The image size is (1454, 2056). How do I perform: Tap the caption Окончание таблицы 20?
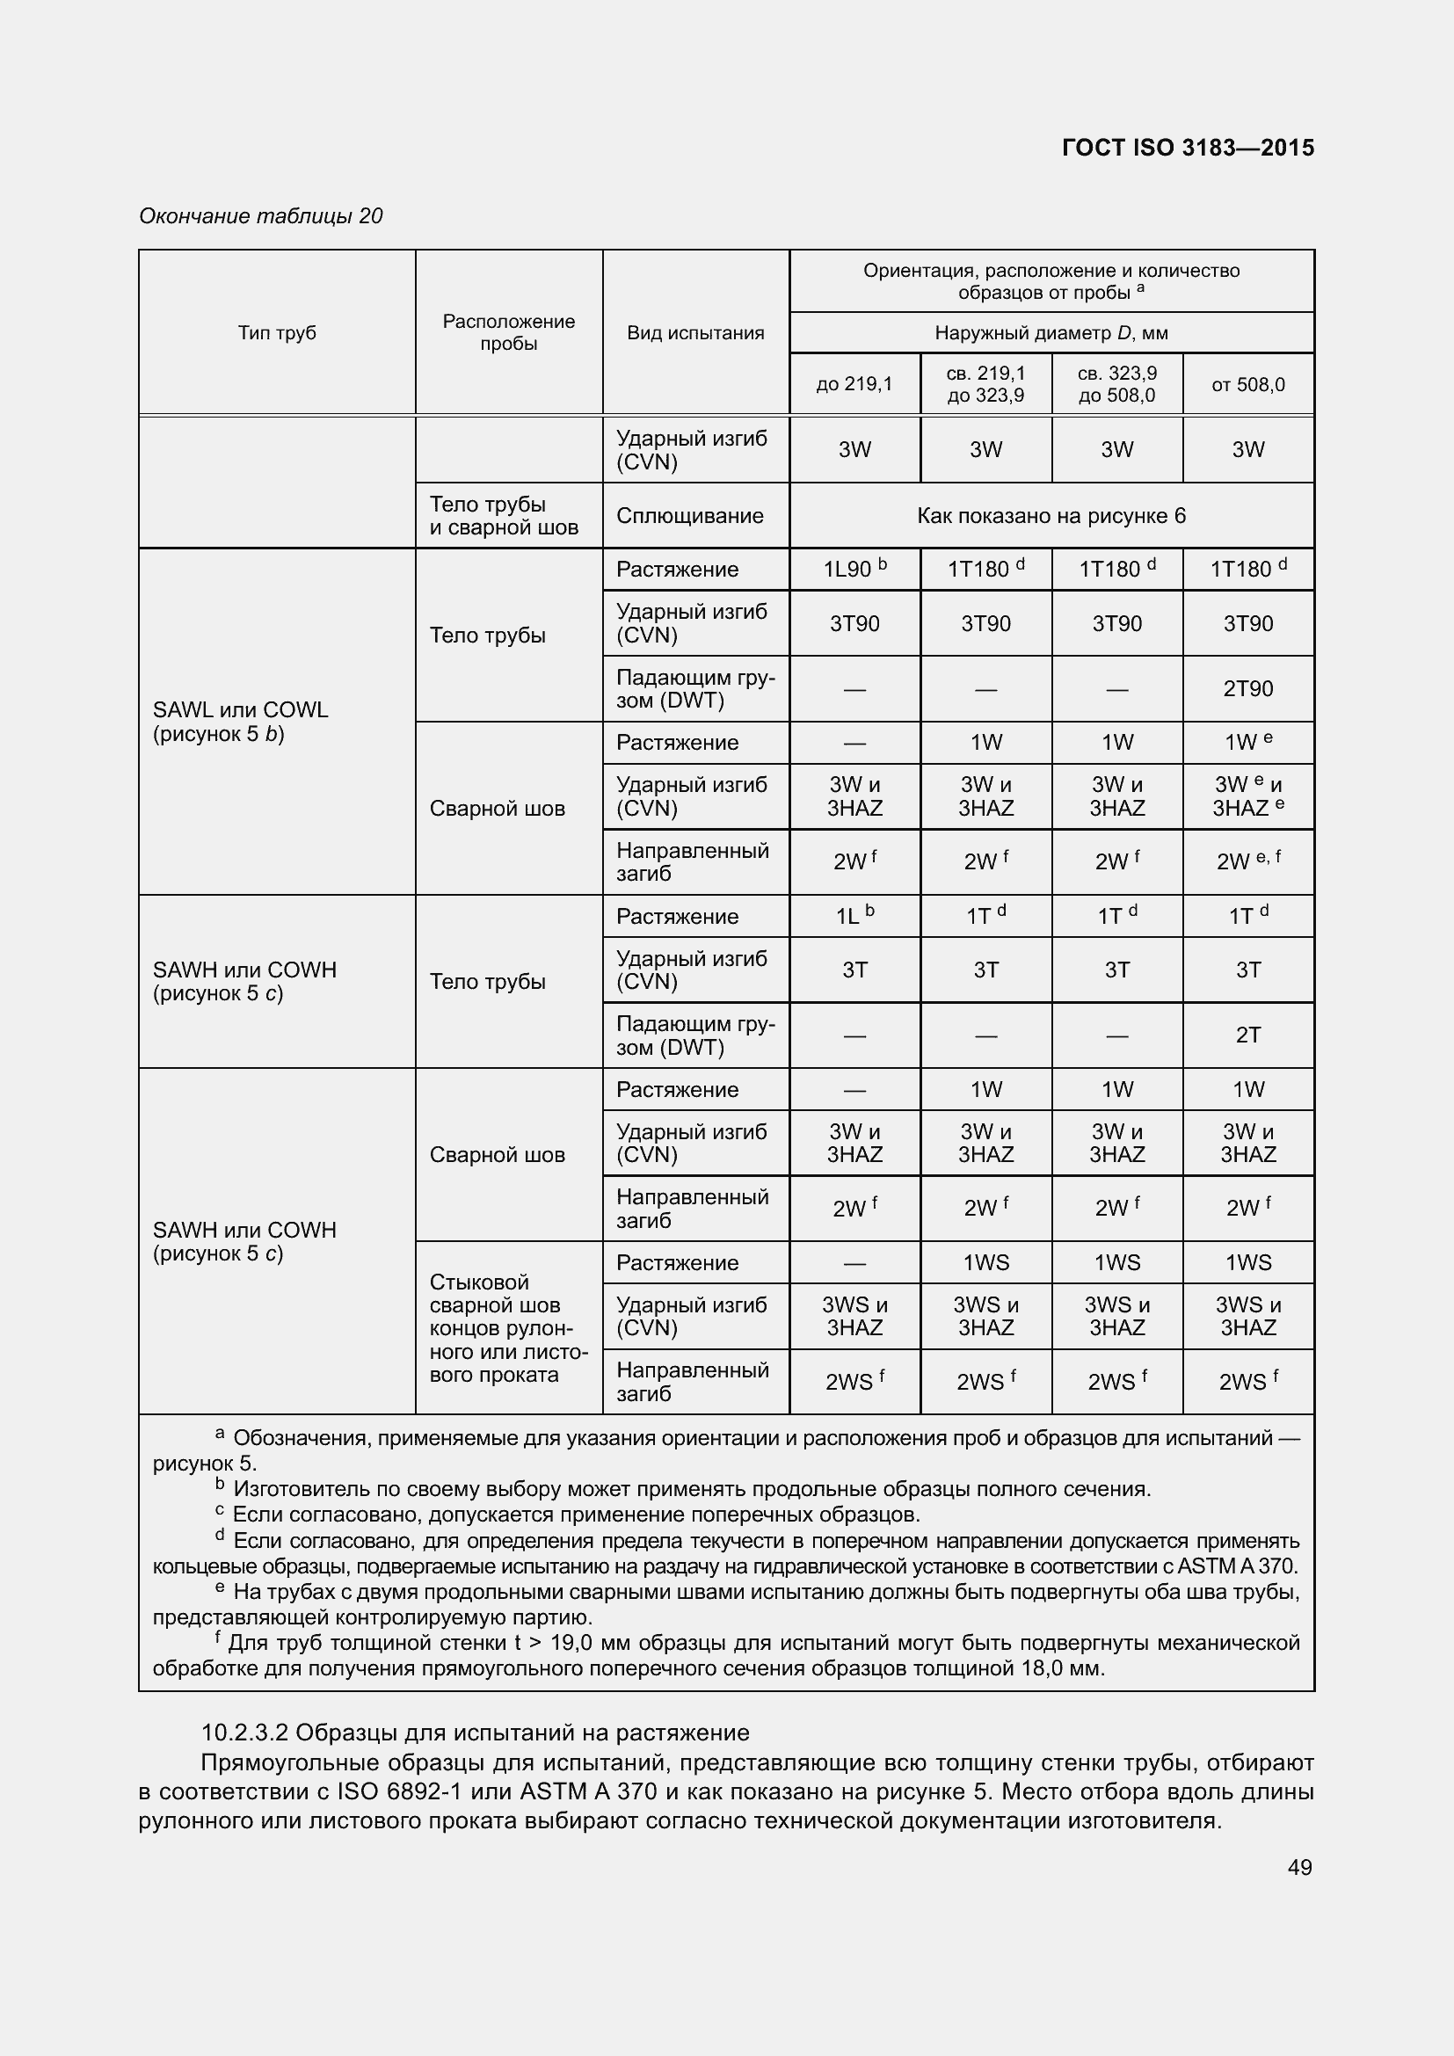[260, 216]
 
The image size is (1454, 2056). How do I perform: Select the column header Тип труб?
[277, 333]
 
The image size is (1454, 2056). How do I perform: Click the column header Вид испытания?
[695, 333]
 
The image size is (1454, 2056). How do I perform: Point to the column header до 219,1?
[854, 384]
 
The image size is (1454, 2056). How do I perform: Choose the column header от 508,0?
[1248, 384]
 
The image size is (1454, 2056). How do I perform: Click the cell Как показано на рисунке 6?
[1051, 516]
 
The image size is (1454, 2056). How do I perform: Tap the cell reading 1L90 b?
[854, 569]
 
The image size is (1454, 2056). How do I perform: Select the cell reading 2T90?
[1248, 688]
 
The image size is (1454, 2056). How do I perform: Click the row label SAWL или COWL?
[241, 710]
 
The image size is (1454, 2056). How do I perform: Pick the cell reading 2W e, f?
[1248, 861]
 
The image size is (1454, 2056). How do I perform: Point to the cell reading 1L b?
[854, 916]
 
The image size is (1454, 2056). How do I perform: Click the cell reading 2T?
[1248, 1035]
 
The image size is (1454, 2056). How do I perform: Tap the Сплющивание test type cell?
[689, 516]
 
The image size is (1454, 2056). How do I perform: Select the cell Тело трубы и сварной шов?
[503, 516]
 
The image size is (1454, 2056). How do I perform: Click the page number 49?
[1299, 1867]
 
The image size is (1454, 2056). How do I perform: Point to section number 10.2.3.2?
[244, 1733]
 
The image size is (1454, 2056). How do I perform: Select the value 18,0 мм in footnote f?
[1063, 1668]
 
